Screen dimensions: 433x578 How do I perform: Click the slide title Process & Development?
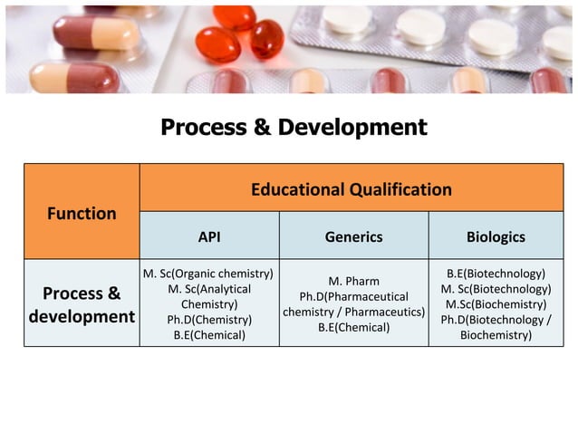tap(293, 128)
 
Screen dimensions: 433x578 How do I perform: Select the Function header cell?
tap(82, 214)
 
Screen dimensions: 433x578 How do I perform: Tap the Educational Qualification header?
tap(351, 189)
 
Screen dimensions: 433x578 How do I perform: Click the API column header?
tap(209, 237)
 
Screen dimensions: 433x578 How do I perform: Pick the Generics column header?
tap(353, 237)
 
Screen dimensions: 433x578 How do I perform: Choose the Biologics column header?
tap(496, 237)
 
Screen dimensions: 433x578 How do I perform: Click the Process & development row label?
tap(82, 305)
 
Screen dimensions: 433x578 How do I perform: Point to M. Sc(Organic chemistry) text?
tap(209, 274)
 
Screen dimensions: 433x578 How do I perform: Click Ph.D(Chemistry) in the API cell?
tap(209, 320)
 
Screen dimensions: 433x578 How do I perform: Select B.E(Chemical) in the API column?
tap(209, 335)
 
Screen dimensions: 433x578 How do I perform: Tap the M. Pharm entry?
tap(353, 281)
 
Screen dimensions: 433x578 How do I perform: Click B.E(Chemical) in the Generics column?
tap(353, 327)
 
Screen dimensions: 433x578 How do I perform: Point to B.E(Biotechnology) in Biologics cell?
tap(496, 274)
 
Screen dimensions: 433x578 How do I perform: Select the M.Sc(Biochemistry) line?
tap(496, 304)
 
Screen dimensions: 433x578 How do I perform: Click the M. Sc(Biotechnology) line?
tap(496, 289)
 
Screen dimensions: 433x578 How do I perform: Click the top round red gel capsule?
tap(234, 17)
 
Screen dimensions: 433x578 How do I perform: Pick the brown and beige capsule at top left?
tap(96, 33)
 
